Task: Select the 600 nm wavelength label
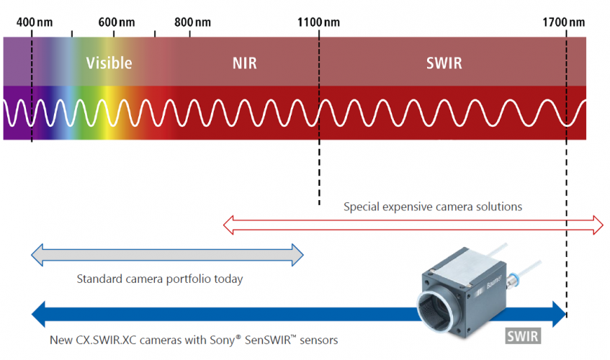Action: (x=116, y=22)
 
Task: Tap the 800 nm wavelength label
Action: (x=192, y=22)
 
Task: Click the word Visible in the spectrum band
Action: (x=109, y=63)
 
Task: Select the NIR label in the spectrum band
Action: (x=244, y=63)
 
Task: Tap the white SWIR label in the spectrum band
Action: (x=444, y=63)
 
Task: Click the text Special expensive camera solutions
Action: (x=432, y=207)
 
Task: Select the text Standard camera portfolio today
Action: (x=159, y=279)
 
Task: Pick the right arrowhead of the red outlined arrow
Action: (x=598, y=224)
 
